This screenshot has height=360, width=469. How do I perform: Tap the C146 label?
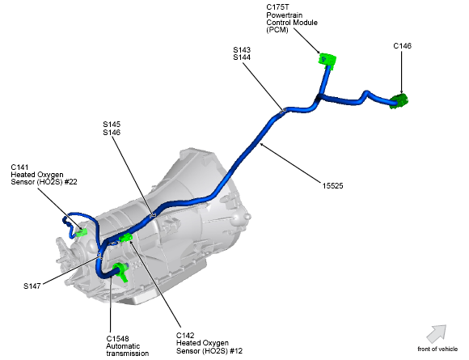tap(403, 46)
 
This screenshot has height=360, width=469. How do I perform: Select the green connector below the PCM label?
tap(327, 59)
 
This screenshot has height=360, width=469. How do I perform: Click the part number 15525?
tap(333, 186)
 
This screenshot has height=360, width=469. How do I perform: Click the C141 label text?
tap(20, 167)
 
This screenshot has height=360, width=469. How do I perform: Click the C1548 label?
tap(118, 338)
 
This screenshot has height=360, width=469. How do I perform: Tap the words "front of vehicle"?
tap(437, 349)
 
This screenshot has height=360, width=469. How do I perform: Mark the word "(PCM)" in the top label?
tap(278, 30)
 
